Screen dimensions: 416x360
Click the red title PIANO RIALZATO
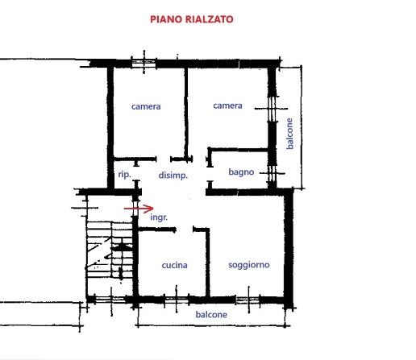tap(192, 19)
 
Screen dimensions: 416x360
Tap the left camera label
tap(146, 106)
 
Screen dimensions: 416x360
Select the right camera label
tap(227, 106)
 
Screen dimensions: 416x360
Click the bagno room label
tap(241, 172)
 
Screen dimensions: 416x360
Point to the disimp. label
tap(173, 176)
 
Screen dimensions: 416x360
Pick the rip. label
tap(124, 175)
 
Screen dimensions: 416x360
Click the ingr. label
tap(159, 217)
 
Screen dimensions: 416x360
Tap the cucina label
tap(174, 265)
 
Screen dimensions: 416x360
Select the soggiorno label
tap(249, 265)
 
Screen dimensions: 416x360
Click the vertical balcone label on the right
tap(289, 134)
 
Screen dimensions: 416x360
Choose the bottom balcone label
tap(211, 314)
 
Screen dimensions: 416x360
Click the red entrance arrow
tap(139, 209)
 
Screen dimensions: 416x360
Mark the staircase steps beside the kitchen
tap(110, 250)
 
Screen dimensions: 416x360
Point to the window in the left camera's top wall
tap(144, 63)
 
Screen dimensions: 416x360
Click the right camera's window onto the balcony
tap(272, 109)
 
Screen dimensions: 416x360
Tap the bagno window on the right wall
tap(272, 173)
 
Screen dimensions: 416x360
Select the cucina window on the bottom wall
tap(177, 300)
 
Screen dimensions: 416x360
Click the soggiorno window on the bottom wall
tap(248, 300)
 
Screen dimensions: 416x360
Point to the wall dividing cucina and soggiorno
tap(207, 263)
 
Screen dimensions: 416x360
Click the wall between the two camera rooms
tap(185, 113)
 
